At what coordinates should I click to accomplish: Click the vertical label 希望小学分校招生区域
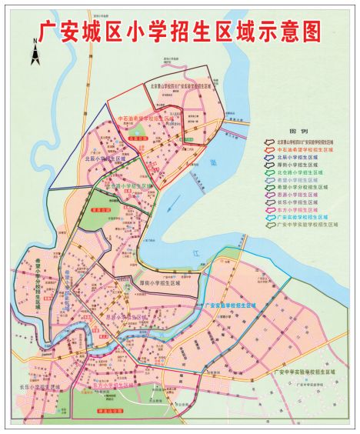(x=36, y=281)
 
